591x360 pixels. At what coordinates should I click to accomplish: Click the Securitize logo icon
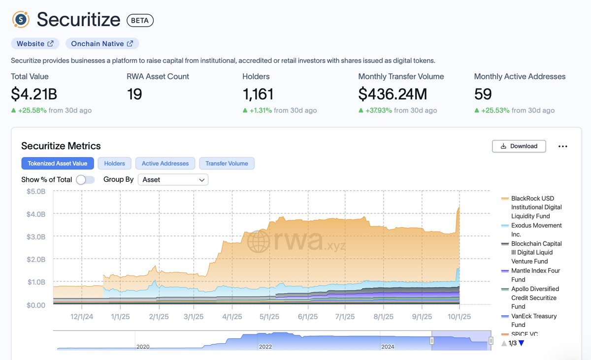pos(21,20)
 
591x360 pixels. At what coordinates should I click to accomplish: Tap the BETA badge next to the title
pos(140,20)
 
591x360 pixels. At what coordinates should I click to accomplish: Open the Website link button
pos(35,44)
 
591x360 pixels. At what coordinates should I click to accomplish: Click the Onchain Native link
pos(102,44)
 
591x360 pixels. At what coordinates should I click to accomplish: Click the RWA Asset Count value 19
pos(134,94)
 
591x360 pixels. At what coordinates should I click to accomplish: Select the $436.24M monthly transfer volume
pos(393,94)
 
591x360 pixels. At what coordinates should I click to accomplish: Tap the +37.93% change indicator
pos(376,110)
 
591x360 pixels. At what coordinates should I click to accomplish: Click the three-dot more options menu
pos(563,146)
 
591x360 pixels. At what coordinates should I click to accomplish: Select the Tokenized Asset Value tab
pos(57,164)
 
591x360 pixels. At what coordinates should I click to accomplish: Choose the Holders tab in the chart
pos(114,164)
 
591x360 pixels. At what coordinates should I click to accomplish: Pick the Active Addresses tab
pos(165,164)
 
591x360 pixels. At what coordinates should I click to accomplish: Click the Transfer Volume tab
pos(227,164)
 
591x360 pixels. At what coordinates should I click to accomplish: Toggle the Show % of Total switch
pos(85,180)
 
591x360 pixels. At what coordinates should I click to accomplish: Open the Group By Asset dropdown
pos(173,180)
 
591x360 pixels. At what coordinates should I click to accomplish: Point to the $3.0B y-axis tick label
pos(36,236)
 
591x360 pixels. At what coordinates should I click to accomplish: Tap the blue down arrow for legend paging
pos(522,343)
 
